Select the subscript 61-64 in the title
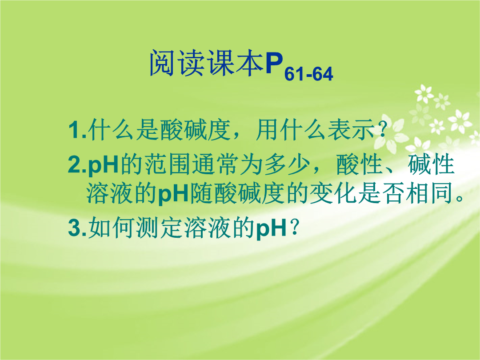point(308,74)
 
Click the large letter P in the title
point(274,64)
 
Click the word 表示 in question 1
point(351,130)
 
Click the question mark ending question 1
point(381,130)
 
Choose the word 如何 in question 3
point(112,228)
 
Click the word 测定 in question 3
point(159,228)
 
